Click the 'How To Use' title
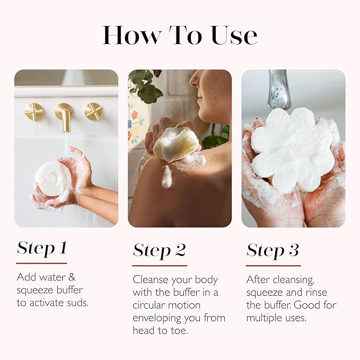180,34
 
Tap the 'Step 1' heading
41,248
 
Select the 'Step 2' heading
159,250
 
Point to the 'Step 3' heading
273,250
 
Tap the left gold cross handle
34,112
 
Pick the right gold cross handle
94,111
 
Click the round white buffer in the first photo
52,179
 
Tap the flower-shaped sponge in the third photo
292,148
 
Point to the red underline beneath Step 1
41,263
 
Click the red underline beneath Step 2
160,265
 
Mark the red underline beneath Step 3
273,265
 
